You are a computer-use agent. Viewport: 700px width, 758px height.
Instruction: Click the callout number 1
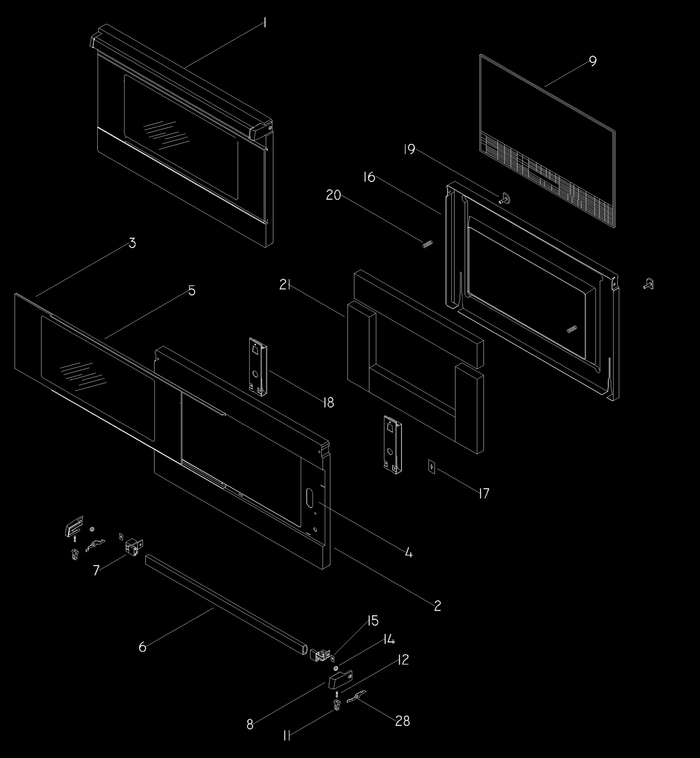click(265, 23)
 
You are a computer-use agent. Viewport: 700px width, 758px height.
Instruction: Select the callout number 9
click(593, 61)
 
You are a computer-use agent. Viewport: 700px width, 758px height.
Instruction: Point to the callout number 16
click(369, 177)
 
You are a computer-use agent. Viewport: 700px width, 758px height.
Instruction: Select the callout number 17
click(484, 493)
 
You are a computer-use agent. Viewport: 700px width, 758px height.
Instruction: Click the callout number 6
click(143, 647)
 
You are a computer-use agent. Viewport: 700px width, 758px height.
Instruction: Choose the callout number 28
click(403, 721)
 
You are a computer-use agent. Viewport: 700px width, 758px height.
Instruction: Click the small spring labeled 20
click(427, 244)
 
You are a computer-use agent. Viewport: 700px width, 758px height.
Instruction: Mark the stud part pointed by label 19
click(504, 198)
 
